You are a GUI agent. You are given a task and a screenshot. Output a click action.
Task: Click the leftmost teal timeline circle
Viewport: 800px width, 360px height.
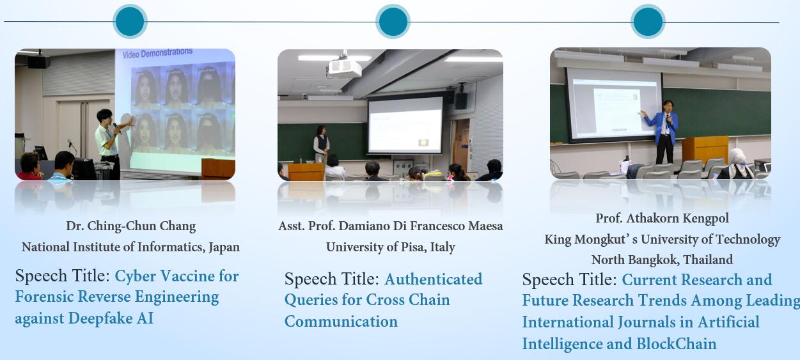[x=130, y=21]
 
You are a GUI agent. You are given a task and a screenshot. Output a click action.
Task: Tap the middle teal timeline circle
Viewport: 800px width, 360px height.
[x=393, y=22]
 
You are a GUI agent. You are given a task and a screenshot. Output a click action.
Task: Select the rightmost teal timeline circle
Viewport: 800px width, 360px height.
[x=648, y=22]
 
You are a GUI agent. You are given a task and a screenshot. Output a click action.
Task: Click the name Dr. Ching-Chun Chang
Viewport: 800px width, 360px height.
[x=130, y=226]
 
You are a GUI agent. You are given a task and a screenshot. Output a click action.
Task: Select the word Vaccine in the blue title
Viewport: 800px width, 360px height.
[x=187, y=276]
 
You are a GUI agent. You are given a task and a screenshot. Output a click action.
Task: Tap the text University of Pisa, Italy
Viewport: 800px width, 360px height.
[x=390, y=247]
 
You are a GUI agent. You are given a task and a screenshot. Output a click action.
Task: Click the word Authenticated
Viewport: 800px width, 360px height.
[x=433, y=279]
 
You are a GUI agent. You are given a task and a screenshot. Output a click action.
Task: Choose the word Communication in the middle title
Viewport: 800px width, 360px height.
[x=341, y=322]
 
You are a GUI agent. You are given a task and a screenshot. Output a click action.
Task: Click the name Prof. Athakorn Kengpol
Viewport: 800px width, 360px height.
[x=662, y=218]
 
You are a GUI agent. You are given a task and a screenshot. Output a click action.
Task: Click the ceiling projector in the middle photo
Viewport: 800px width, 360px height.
[x=344, y=67]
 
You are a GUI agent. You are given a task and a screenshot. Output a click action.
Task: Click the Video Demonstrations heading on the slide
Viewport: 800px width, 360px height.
[x=157, y=54]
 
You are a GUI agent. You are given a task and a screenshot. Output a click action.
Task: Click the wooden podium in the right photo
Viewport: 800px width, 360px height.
[x=705, y=150]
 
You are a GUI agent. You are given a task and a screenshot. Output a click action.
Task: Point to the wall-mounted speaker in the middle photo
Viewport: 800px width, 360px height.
[x=460, y=100]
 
